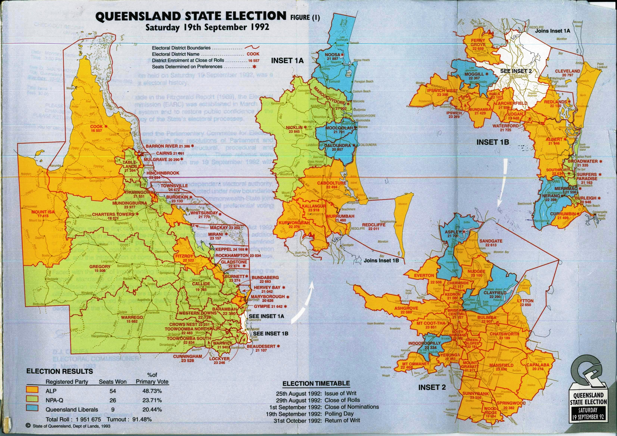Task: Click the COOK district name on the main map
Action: pos(96,126)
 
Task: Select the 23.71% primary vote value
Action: pos(152,400)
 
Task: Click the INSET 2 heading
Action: pos(432,387)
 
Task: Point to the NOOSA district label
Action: pos(333,55)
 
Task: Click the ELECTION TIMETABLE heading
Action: pos(316,383)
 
